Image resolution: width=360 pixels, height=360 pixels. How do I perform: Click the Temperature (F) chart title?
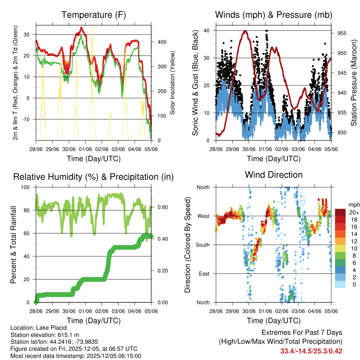[x=94, y=15]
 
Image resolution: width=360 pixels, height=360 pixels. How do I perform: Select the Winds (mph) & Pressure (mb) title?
[x=274, y=15]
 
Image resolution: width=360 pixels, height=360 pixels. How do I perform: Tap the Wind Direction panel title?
[x=274, y=175]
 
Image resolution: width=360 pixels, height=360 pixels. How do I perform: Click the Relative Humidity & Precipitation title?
[x=94, y=177]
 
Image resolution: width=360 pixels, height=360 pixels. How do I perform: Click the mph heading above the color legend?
[x=353, y=205]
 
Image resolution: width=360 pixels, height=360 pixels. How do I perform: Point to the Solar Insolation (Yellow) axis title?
[x=173, y=83]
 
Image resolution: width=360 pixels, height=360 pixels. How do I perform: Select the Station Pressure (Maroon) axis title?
[x=354, y=83]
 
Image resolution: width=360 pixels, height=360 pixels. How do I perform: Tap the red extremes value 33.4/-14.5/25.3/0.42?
[x=311, y=351]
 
